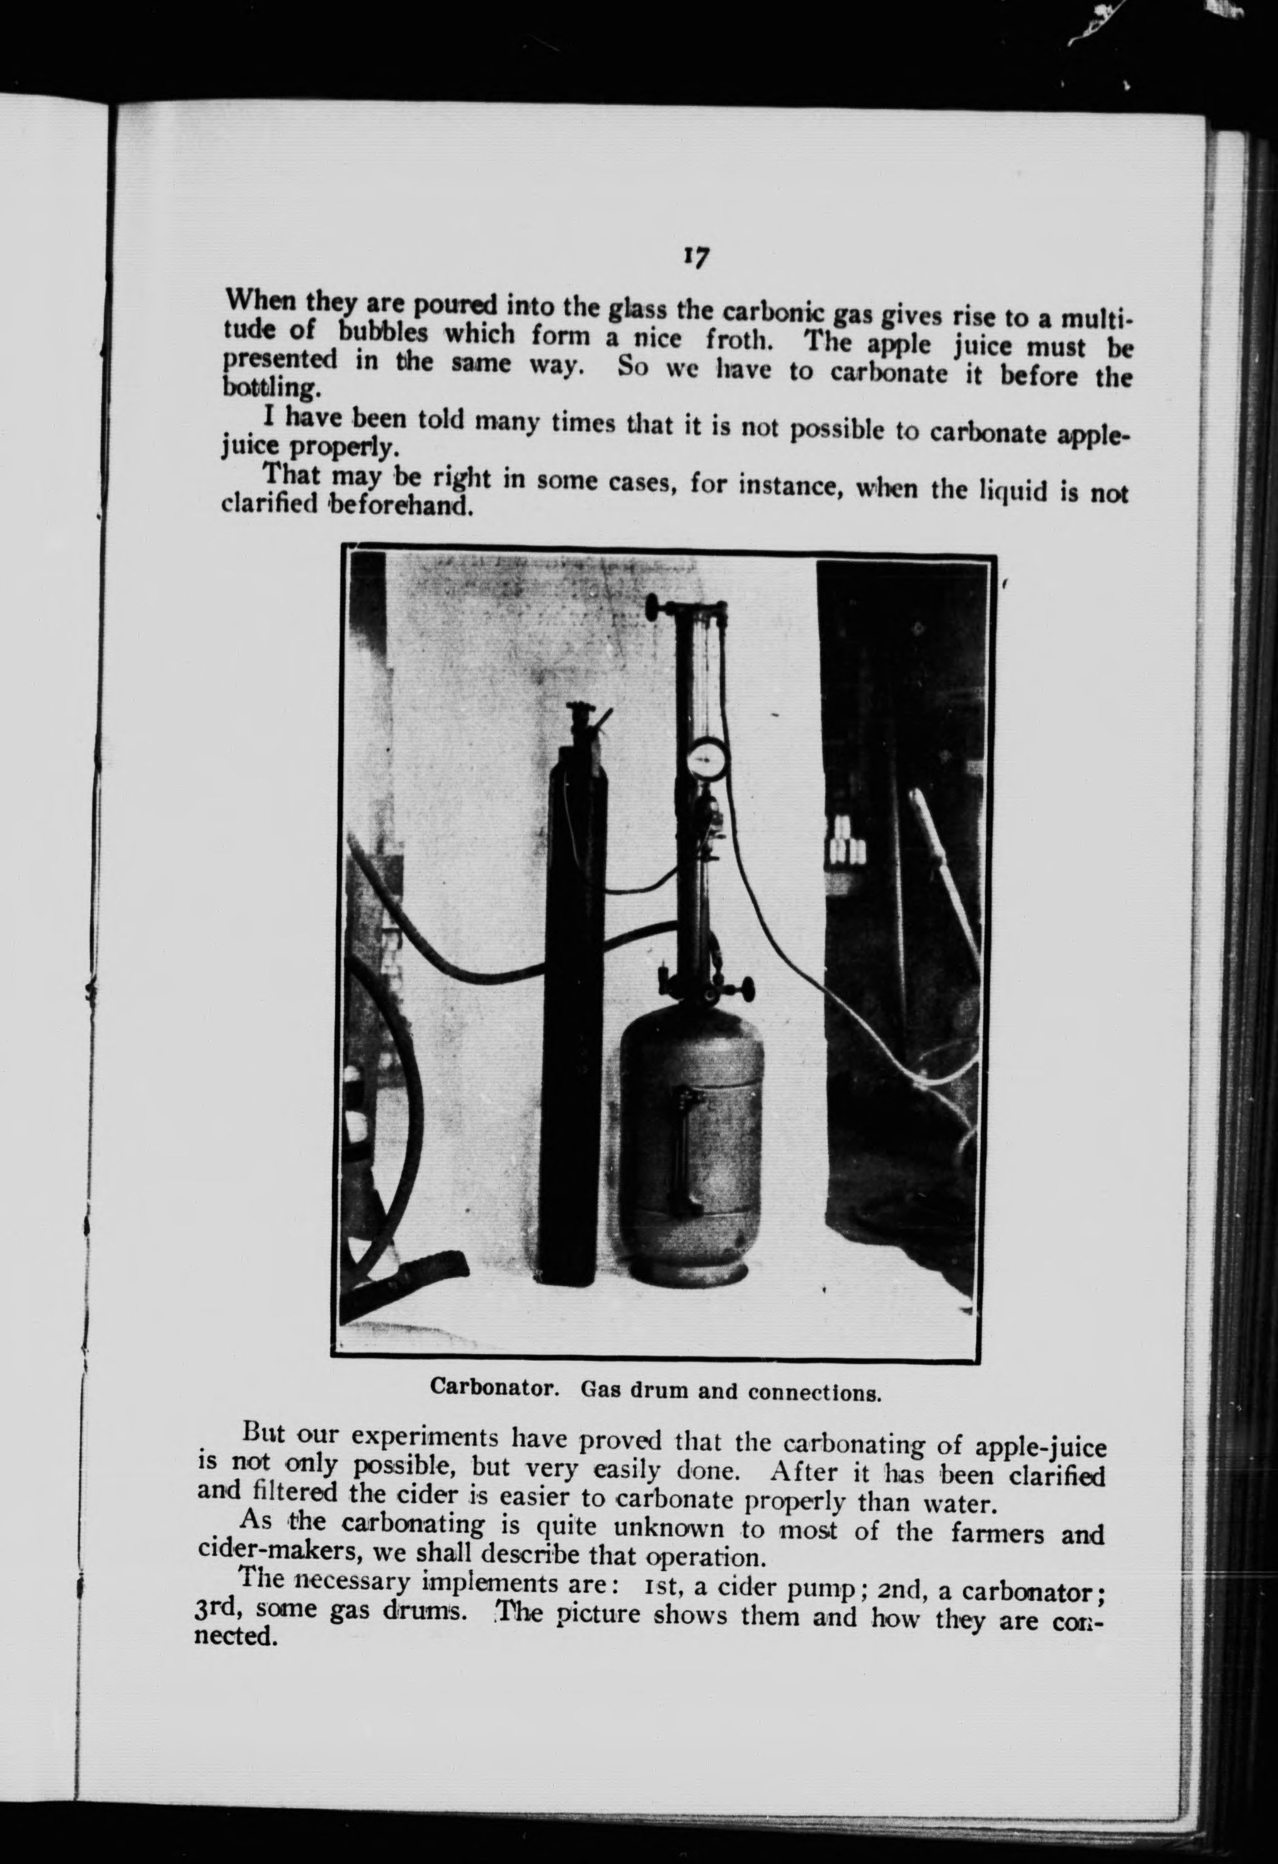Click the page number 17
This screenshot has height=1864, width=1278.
pos(695,257)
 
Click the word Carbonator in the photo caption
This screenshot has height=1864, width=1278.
pos(494,1387)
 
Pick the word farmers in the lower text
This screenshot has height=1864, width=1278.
pos(998,1534)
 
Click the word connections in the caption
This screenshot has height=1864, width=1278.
pos(814,1391)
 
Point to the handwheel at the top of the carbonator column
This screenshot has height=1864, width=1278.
pos(656,606)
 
